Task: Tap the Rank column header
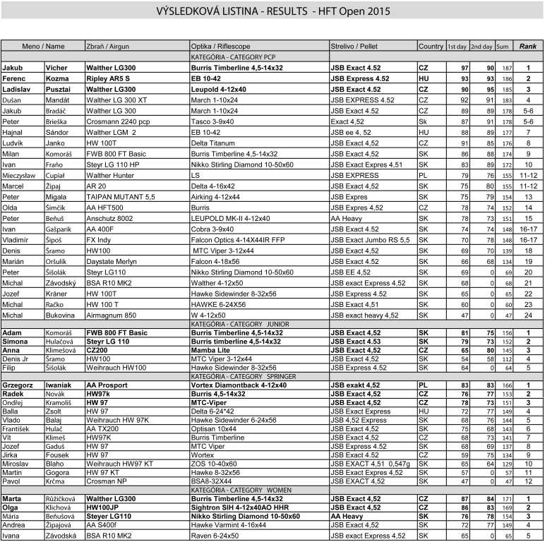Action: [527, 46]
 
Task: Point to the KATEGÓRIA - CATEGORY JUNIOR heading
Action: [236, 323]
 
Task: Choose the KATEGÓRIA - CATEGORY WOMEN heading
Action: [236, 488]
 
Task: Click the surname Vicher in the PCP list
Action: [56, 68]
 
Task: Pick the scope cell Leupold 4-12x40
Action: [219, 90]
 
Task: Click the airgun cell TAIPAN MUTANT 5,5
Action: [119, 197]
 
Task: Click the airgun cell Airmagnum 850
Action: [111, 315]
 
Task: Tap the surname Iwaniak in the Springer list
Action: [61, 385]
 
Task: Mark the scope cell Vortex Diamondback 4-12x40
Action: [238, 385]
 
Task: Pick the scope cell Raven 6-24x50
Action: [215, 536]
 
